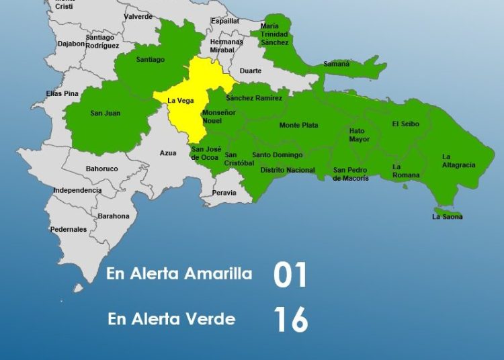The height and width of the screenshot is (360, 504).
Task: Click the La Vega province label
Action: pos(181,101)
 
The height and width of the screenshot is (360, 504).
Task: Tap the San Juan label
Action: pos(105,113)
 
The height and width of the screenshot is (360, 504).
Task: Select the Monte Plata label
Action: pos(298,126)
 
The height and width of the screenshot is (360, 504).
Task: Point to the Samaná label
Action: pos(337,64)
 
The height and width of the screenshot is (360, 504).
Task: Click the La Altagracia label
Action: pos(458,161)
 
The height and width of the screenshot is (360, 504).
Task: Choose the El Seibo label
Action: pos(405,124)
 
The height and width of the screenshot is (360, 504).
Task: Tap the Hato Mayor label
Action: pos(360,135)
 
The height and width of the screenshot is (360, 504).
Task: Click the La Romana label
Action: pos(406,171)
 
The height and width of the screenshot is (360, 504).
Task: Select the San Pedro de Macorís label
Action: pos(351,174)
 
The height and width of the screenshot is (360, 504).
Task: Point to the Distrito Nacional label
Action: pos(287,170)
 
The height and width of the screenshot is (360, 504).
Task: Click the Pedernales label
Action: pos(69,229)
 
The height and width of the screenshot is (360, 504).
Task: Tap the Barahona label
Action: pos(113,216)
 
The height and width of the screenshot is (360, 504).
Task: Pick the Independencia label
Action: pos(77,190)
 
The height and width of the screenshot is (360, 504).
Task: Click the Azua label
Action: pos(168,153)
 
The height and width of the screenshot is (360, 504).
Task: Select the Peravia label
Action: pos(224,193)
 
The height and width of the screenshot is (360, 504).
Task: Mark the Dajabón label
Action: pos(71,44)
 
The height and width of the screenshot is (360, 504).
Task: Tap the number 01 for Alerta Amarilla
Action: pos(290,275)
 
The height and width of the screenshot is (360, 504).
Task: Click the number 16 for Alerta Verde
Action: pos(290,320)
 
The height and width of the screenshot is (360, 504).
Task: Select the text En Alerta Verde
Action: pos(171,319)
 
